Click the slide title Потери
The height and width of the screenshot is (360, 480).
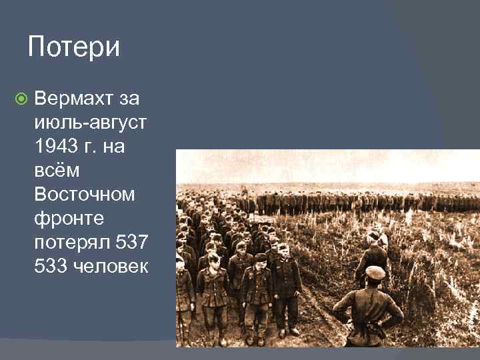click(x=74, y=47)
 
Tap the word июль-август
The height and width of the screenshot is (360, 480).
click(x=91, y=123)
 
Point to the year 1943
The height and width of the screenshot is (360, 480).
click(x=57, y=147)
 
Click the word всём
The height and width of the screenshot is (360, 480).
click(x=57, y=171)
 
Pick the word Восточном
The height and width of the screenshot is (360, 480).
click(x=84, y=195)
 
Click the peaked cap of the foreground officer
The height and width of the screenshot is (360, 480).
click(x=375, y=272)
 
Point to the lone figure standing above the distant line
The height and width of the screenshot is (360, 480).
click(x=245, y=191)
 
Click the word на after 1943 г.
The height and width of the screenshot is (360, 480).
click(x=113, y=147)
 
